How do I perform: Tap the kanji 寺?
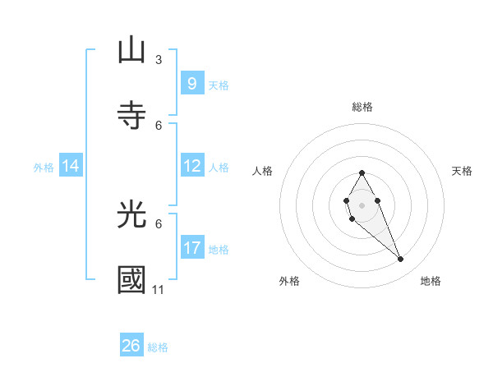[131, 114]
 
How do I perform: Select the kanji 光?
[131, 214]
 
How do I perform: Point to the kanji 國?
[131, 280]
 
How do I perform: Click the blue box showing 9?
[191, 83]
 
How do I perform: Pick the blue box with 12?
[191, 166]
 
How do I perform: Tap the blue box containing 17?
[191, 247]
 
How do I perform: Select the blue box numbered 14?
[71, 166]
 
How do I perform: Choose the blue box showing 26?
[131, 346]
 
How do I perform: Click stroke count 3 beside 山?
[159, 60]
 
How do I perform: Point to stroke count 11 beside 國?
[159, 290]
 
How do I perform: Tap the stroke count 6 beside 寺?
[159, 125]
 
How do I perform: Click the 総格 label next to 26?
[158, 347]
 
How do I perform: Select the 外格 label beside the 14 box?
[44, 168]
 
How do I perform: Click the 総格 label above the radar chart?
[362, 107]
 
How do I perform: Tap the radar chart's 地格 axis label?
[431, 281]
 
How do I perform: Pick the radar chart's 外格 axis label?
[289, 281]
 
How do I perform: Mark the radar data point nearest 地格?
[401, 260]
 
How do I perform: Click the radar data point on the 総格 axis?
[362, 172]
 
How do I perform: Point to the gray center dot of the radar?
[362, 204]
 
